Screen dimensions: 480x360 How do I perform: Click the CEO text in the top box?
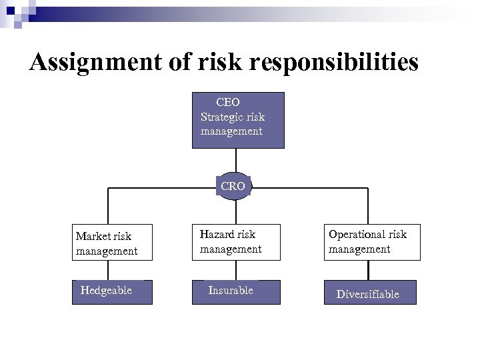[x=228, y=102]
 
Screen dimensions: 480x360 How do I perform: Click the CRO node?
[x=233, y=186]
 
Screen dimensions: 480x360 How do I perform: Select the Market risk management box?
[x=112, y=243]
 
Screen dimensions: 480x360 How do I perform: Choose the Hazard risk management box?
[x=237, y=241]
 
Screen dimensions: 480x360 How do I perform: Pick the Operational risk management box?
[x=372, y=241]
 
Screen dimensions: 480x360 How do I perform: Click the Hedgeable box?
[x=112, y=291]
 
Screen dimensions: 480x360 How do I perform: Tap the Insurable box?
[x=236, y=291]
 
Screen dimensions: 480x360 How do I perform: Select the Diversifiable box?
[x=370, y=293]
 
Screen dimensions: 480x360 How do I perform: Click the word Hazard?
[x=217, y=235]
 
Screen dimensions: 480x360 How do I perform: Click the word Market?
[x=94, y=237]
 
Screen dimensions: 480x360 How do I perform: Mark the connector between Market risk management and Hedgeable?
[x=109, y=270]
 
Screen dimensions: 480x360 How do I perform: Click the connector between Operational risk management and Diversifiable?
[x=368, y=269]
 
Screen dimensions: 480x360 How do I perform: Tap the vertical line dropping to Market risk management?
[x=109, y=207]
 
